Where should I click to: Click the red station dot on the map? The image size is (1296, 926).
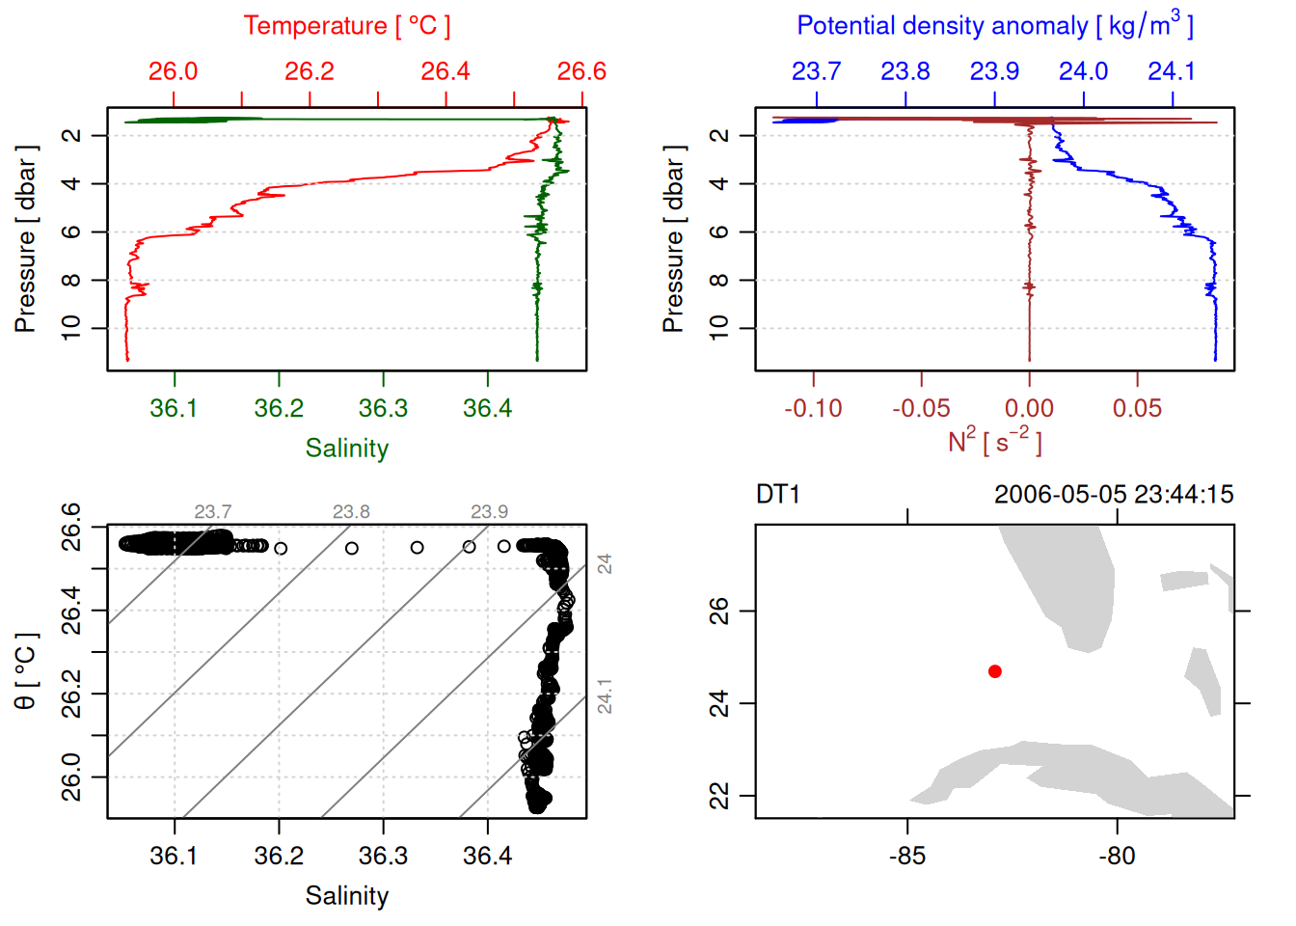tap(995, 671)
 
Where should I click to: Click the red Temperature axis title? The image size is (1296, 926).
tap(346, 26)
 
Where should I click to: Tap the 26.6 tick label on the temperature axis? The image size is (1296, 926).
tap(581, 71)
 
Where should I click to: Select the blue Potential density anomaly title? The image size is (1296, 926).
tap(994, 26)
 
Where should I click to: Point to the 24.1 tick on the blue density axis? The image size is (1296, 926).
tap(1172, 71)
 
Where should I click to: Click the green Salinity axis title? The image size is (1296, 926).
tap(346, 449)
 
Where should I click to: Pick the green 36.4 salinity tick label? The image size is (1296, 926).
tap(487, 409)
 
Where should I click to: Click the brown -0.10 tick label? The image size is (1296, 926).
tap(813, 409)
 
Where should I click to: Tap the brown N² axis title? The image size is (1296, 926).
tap(994, 442)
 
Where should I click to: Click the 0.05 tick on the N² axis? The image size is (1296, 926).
tap(1137, 409)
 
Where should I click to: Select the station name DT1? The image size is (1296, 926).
tap(778, 495)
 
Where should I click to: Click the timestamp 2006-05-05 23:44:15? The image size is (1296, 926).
tap(1114, 495)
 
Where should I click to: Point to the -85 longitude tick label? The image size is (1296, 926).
tap(907, 857)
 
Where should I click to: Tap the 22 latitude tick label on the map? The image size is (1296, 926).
tap(719, 796)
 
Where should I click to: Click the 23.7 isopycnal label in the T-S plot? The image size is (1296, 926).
tap(212, 512)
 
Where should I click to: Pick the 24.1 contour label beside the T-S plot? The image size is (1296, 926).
tap(605, 696)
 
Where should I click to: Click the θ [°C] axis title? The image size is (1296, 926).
tap(26, 671)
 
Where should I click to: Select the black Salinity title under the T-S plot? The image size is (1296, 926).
tap(346, 896)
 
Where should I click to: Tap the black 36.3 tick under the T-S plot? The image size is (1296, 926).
tap(383, 857)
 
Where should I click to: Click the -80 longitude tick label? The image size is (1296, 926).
tap(1117, 857)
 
